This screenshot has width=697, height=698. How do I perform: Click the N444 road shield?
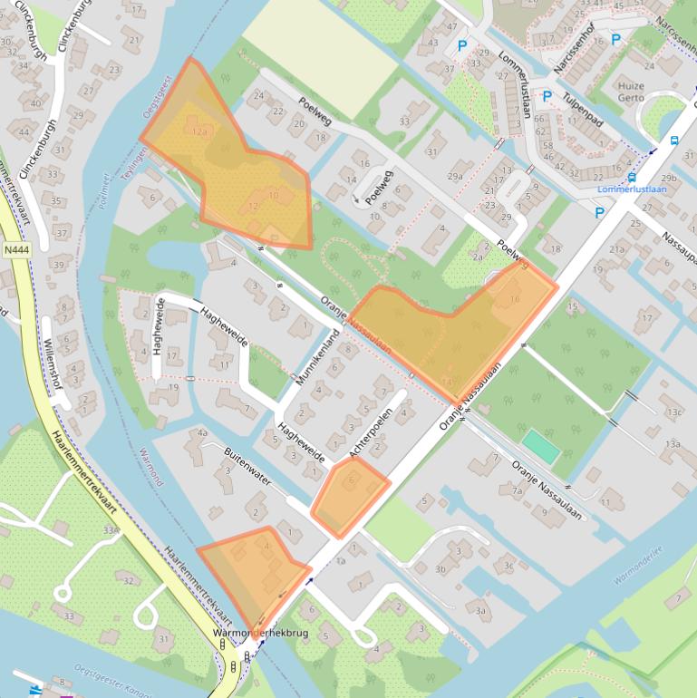[x=15, y=250]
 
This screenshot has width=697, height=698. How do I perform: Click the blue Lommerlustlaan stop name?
[x=631, y=190]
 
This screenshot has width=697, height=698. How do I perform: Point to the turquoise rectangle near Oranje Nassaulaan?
[x=541, y=445]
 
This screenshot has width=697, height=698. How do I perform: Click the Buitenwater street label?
[x=247, y=466]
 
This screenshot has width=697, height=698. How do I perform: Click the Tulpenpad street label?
[x=581, y=111]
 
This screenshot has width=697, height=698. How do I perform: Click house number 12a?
[x=200, y=131]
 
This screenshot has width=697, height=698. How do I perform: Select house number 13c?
[x=673, y=412]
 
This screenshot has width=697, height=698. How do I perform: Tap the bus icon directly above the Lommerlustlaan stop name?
[x=632, y=178]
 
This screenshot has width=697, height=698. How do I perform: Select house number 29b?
[x=669, y=179]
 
